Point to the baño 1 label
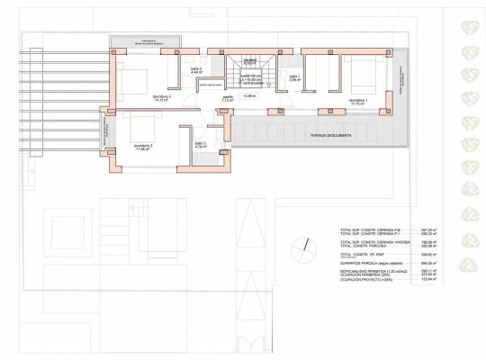[294, 76]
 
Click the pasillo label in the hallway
[229, 97]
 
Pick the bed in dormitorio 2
[135, 76]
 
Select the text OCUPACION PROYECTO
[365, 279]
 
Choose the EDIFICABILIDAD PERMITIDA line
[365, 271]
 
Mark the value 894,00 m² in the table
[429, 264]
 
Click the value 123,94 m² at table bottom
[429, 279]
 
